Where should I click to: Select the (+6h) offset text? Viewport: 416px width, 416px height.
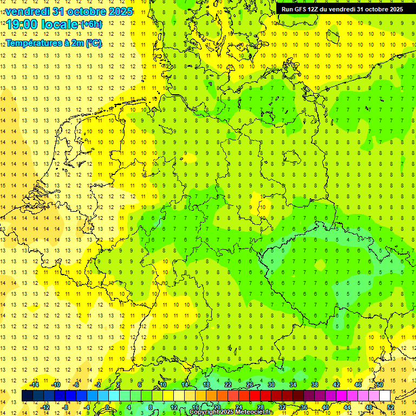[91, 24]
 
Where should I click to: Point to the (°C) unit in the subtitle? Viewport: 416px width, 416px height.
[93, 43]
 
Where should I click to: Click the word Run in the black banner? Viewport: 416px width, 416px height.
[288, 9]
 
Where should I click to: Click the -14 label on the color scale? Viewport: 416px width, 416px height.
[34, 385]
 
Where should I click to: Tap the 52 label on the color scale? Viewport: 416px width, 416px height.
[390, 407]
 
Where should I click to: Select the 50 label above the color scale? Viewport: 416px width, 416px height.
[380, 385]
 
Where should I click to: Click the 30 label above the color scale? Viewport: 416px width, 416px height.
[271, 385]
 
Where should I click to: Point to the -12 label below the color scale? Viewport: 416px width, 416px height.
[45, 407]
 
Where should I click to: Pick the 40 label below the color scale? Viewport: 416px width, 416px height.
[326, 407]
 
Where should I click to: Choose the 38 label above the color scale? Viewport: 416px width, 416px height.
[315, 385]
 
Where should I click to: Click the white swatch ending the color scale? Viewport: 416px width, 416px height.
[385, 396]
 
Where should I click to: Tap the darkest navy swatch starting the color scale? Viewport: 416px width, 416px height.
[27, 396]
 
